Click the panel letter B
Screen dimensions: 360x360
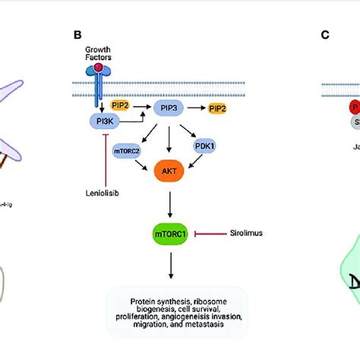click(x=77, y=34)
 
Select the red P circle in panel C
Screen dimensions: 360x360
click(x=332, y=108)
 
